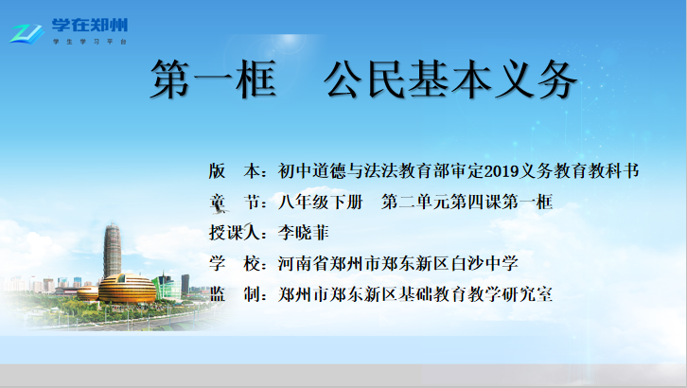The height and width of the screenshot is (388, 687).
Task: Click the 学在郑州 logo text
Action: tap(90, 25)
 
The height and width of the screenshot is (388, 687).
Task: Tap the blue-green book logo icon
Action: tap(27, 34)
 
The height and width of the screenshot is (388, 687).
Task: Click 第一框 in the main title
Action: tap(213, 79)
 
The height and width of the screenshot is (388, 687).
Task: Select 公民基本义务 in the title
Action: tap(450, 79)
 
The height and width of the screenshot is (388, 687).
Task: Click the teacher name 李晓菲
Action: tap(303, 233)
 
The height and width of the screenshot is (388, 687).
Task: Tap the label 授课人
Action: tap(235, 233)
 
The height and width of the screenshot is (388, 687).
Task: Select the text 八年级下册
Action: tap(321, 202)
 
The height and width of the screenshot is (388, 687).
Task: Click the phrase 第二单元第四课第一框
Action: tap(467, 202)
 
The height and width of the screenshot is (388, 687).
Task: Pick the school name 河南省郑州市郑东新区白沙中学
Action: tap(398, 263)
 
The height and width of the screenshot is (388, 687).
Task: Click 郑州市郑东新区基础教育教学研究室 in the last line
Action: tap(415, 294)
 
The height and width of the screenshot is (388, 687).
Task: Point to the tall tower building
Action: tap(113, 251)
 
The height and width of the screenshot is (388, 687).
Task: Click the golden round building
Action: tap(127, 288)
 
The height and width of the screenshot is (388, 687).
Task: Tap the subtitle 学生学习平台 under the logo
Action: tap(90, 42)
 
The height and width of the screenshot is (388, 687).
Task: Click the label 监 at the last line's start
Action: tap(218, 294)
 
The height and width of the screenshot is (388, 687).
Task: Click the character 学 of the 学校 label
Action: tap(218, 263)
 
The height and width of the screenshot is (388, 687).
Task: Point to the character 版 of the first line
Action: tap(218, 171)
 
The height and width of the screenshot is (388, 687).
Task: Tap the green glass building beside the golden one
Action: tap(167, 288)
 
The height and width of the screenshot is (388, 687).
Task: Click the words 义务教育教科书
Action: tap(579, 171)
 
